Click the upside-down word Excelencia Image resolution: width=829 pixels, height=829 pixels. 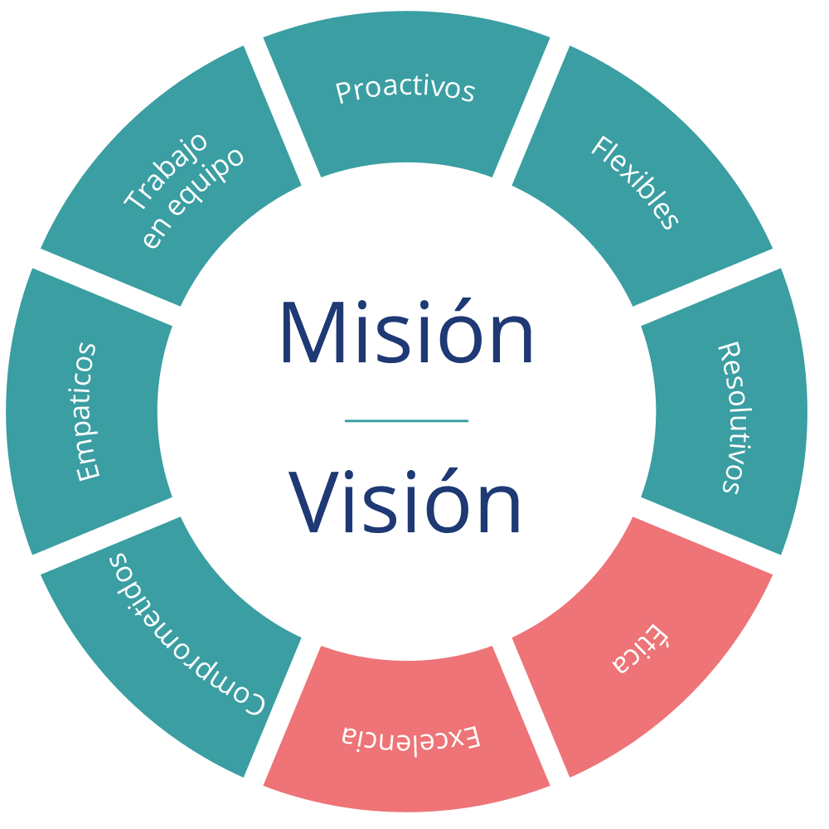pyautogui.click(x=411, y=736)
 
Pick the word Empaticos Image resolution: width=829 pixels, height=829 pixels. pyautogui.click(x=86, y=412)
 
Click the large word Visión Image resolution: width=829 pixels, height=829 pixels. pyautogui.click(x=405, y=502)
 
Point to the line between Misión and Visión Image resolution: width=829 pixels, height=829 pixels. pyautogui.click(x=406, y=421)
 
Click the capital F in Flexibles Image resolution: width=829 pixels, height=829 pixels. pyautogui.click(x=602, y=148)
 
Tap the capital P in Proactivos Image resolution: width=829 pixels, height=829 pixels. pyautogui.click(x=342, y=93)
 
